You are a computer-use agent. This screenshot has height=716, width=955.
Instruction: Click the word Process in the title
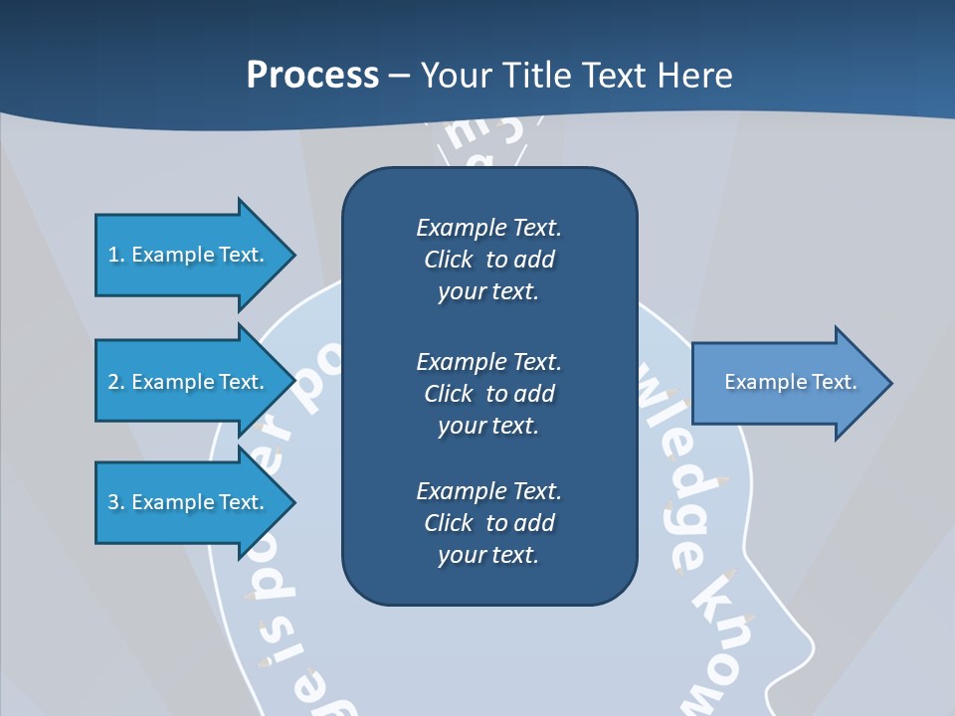pyautogui.click(x=312, y=76)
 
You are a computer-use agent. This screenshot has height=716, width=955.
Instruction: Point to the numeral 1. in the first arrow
pyautogui.click(x=115, y=255)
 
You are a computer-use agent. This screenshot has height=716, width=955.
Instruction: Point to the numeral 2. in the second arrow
pyautogui.click(x=115, y=382)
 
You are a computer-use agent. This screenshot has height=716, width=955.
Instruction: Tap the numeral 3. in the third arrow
pyautogui.click(x=115, y=502)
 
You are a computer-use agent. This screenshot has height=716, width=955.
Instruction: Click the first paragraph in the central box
pyautogui.click(x=488, y=260)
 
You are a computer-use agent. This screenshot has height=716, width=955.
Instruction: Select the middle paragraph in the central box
pyautogui.click(x=488, y=393)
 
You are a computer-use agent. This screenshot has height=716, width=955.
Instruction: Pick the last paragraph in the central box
pyautogui.click(x=488, y=523)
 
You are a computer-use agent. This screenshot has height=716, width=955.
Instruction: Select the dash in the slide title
pyautogui.click(x=400, y=76)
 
